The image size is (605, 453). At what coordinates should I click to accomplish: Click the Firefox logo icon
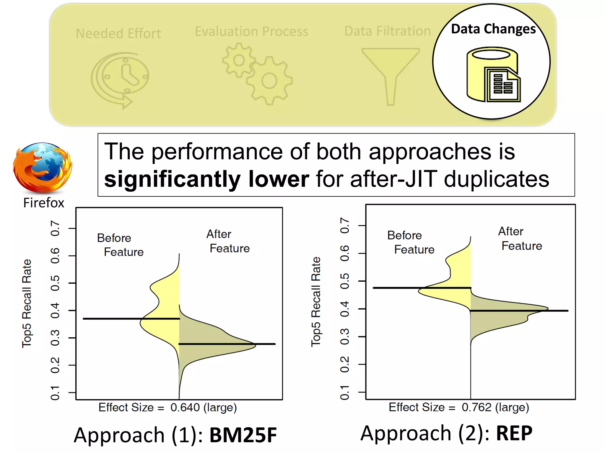43,168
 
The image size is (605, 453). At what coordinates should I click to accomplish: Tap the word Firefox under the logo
44,203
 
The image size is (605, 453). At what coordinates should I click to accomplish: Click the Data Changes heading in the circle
493,29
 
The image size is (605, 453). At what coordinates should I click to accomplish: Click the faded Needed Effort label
118,33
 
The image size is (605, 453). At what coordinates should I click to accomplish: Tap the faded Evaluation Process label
251,31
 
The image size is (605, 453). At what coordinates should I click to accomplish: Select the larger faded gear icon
269,81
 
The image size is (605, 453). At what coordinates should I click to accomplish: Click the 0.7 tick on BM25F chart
55,228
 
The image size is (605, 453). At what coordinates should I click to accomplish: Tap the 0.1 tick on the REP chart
345,392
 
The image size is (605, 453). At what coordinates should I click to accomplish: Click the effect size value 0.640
185,408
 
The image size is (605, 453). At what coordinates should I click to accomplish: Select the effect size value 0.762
476,407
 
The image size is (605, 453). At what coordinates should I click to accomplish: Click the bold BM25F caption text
243,435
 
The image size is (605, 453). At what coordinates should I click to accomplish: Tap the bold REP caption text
514,433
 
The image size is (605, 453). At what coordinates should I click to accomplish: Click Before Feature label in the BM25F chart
120,245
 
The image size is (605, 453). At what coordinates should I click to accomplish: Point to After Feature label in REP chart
520,238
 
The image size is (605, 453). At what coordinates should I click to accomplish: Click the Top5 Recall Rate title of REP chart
316,301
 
